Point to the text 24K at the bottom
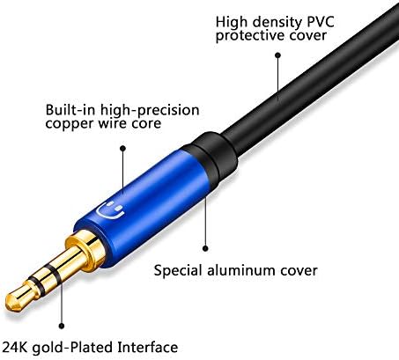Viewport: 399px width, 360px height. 14,347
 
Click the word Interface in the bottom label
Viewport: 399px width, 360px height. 148,347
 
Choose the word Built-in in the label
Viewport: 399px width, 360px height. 70,110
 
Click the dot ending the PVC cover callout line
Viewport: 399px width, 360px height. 277,55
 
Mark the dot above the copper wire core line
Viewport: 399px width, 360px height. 123,149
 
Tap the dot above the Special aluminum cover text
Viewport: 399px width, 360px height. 205,248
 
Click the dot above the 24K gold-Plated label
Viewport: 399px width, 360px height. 62,326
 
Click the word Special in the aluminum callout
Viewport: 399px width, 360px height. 178,270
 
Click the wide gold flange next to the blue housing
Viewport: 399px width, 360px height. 85,249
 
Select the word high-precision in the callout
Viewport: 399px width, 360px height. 150,110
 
